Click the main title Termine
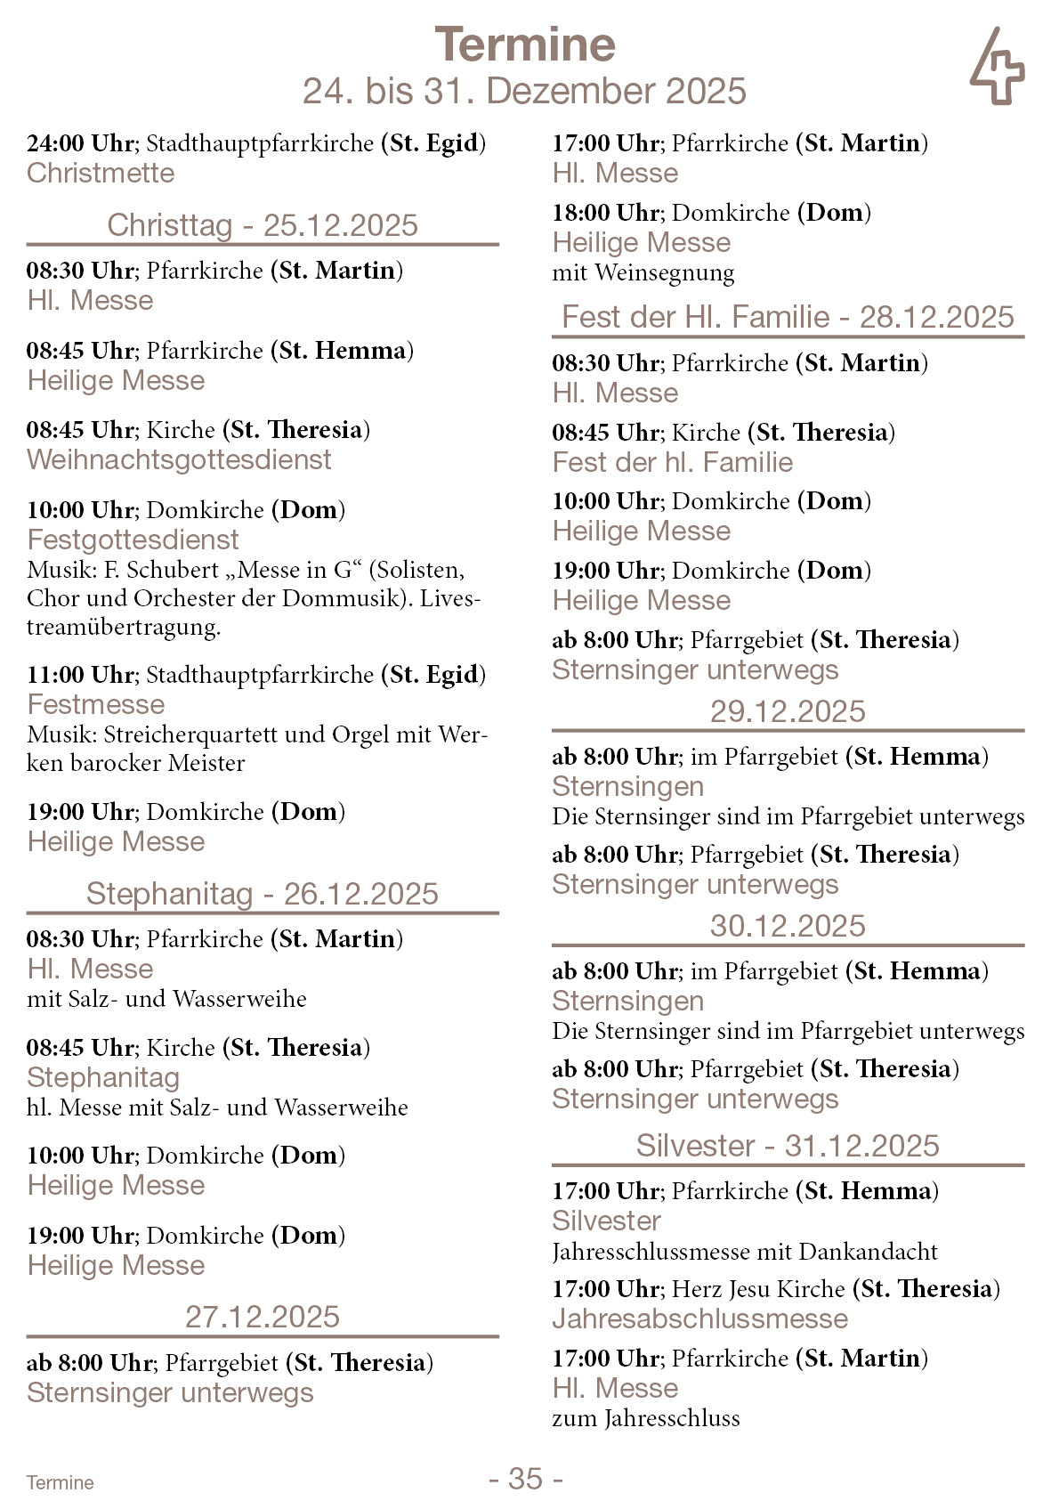click(525, 45)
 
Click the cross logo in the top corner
click(997, 67)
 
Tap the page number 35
click(525, 1479)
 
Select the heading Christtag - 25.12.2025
click(263, 225)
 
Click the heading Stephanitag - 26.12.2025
click(263, 894)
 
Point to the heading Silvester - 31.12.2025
click(788, 1146)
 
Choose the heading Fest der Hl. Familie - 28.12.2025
click(788, 317)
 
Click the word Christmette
click(101, 173)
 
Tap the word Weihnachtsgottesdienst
click(179, 460)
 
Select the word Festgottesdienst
click(133, 540)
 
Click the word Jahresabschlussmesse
click(700, 1319)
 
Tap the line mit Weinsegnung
click(643, 272)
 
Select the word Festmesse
click(96, 705)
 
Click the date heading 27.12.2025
click(263, 1317)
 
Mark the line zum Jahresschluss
click(646, 1418)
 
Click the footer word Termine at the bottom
click(60, 1482)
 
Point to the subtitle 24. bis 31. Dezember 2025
click(525, 91)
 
